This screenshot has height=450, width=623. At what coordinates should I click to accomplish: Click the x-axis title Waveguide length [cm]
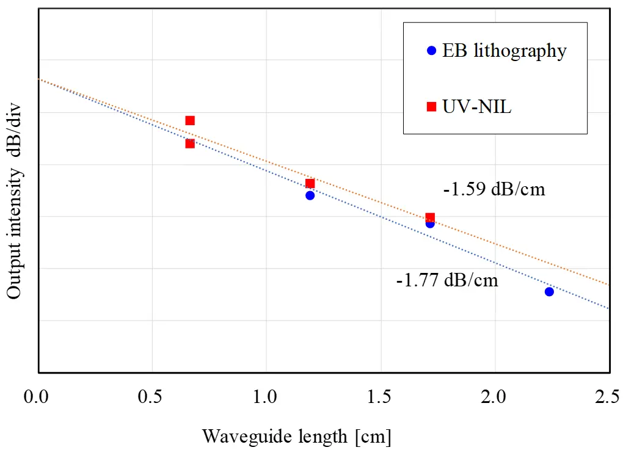[296, 437]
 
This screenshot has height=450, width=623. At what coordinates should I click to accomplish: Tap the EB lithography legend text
[505, 51]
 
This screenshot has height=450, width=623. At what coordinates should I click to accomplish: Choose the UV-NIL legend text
[478, 107]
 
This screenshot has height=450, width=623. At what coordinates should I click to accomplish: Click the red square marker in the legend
[431, 107]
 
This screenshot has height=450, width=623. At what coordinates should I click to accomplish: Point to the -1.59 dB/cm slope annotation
[494, 189]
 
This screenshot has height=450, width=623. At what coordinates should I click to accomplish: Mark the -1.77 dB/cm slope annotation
[446, 281]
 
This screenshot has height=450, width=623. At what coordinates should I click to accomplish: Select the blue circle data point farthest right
[549, 291]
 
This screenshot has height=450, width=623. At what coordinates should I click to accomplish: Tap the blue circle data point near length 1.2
[310, 195]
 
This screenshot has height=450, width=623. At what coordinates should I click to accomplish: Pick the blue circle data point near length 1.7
[430, 223]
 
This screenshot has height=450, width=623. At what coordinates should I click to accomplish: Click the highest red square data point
[190, 120]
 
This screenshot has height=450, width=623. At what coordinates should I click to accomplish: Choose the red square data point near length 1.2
[310, 183]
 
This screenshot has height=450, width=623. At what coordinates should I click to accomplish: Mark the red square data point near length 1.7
[430, 217]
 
